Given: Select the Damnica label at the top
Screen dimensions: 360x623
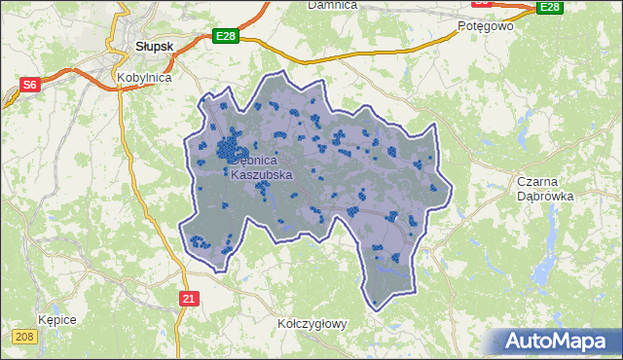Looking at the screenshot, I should [332, 5].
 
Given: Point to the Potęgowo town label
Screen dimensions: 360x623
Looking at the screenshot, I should [485, 26].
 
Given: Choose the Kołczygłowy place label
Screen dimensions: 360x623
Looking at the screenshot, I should [311, 323].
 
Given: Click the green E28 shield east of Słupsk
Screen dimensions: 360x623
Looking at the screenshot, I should [226, 36].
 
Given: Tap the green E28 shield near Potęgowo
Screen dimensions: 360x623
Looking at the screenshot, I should [550, 7].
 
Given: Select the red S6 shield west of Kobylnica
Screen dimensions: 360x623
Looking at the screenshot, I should [29, 85].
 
